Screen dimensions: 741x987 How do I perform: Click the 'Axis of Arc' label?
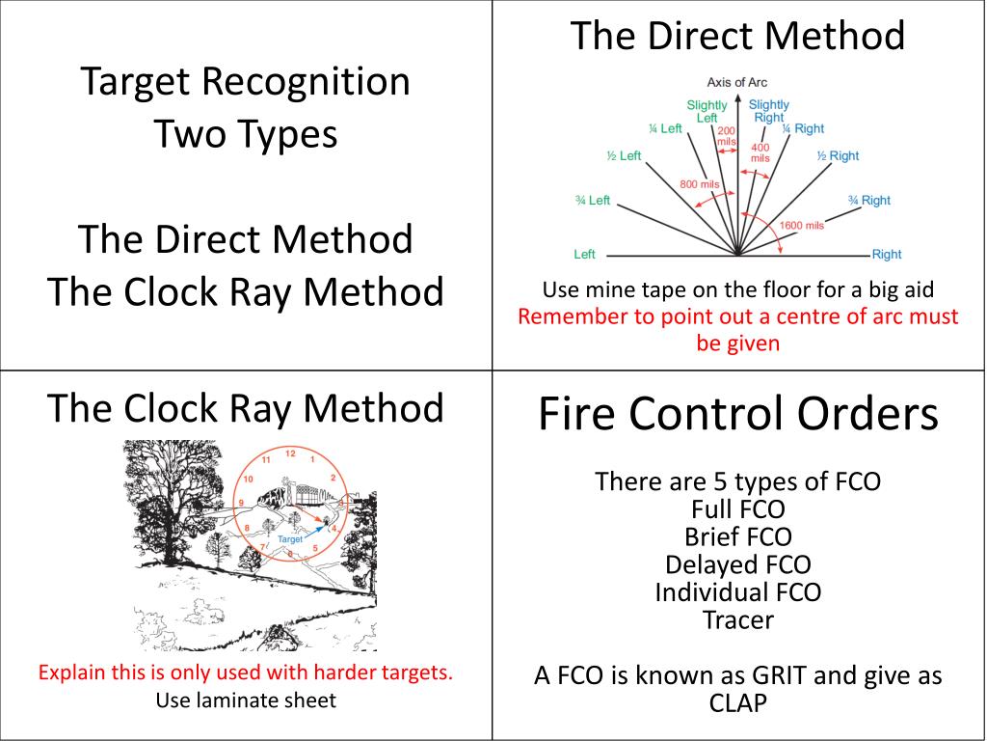[x=737, y=83]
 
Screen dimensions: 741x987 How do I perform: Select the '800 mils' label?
[x=700, y=184]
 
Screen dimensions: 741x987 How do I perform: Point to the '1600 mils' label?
[x=801, y=226]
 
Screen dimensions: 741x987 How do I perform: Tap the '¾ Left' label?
[x=593, y=201]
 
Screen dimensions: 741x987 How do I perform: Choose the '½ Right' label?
[x=838, y=156]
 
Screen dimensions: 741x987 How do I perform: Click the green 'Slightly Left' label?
[x=707, y=111]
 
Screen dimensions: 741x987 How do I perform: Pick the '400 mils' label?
[x=760, y=151]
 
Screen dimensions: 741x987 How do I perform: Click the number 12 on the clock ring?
[x=290, y=453]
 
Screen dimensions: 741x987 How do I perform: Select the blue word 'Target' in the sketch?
[x=290, y=538]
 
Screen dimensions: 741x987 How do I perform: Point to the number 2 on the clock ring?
[x=333, y=478]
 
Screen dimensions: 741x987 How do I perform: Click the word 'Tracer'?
[x=737, y=619]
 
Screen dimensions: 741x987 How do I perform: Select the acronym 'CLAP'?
[x=737, y=703]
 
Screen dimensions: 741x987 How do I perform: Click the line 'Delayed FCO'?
[x=737, y=563]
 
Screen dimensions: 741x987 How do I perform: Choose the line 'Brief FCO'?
[x=737, y=535]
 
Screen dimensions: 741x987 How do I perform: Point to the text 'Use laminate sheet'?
[x=246, y=700]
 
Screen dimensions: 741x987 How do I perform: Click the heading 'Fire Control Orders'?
[x=737, y=415]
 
